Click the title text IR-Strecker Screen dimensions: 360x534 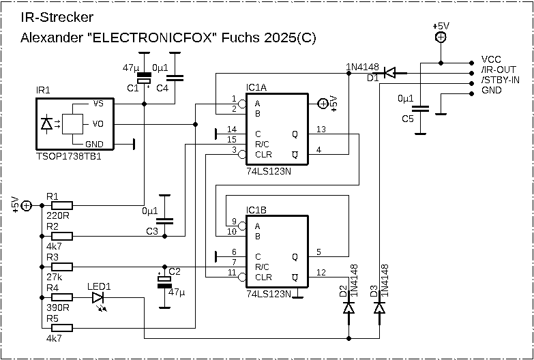57,17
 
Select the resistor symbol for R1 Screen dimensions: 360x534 61,205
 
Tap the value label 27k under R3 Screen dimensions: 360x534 55,277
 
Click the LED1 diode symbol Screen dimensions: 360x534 98,297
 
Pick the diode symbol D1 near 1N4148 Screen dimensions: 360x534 391,72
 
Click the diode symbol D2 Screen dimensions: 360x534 348,308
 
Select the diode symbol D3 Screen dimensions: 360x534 379,308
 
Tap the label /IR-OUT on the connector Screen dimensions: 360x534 498,70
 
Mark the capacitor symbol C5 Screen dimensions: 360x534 421,108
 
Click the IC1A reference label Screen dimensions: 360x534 257,88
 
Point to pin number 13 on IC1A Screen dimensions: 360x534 321,129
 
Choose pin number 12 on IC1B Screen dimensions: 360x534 321,272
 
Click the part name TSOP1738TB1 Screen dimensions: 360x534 68,157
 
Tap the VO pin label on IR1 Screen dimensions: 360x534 98,124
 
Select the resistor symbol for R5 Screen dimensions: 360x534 61,328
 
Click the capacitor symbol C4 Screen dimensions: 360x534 175,78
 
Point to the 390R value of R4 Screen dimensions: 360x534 58,307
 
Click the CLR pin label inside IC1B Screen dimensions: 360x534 263,277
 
